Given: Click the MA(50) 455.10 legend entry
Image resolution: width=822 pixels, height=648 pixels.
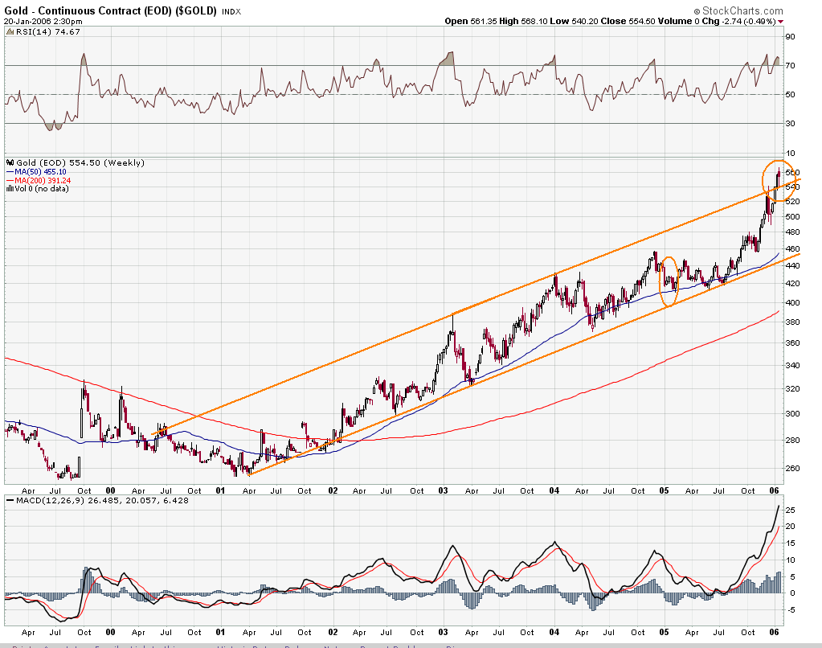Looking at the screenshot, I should pos(41,171).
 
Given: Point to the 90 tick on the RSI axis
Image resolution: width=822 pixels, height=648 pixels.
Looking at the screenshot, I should pos(791,37).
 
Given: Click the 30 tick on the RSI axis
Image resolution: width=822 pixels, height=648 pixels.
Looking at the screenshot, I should pos(791,123).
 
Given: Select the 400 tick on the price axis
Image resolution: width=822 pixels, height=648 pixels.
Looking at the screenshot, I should pos(792,303).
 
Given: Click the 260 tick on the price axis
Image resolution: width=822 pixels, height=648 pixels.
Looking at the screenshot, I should pos(792,468).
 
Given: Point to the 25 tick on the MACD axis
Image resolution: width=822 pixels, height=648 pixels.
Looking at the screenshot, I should pos(791,510).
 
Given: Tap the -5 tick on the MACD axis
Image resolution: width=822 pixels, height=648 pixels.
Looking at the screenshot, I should pos(791,609).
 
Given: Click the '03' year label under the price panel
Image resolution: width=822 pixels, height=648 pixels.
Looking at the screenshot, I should pos(444,489).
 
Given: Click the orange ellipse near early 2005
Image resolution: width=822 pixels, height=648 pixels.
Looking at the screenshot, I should pos(669,281).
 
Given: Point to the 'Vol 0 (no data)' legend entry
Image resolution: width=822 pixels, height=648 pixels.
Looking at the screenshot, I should pos(42,189).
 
